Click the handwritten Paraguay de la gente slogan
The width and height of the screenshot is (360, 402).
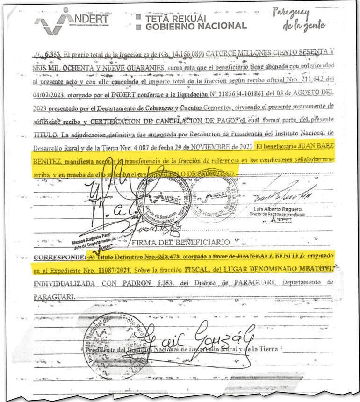click(x=304, y=20)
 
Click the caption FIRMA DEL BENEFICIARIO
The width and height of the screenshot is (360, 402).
click(x=182, y=243)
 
